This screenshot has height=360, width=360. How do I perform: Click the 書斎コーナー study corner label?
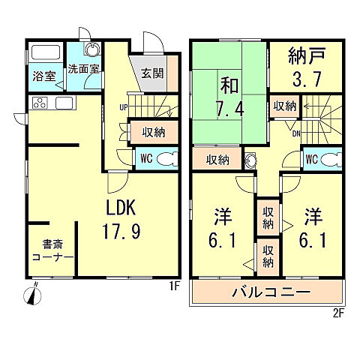(52, 250)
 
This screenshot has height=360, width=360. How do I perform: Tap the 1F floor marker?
(174, 286)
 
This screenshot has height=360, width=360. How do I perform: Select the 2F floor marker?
(337, 314)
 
